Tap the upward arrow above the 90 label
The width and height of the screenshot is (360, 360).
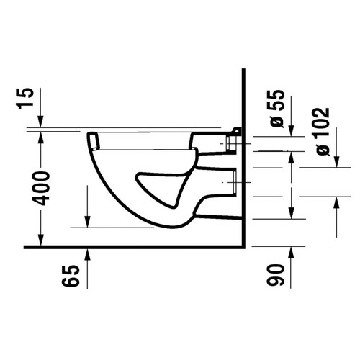291,251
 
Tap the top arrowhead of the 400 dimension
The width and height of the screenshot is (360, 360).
41,136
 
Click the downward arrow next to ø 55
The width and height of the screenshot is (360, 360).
291,130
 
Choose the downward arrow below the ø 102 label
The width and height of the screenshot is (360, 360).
336,161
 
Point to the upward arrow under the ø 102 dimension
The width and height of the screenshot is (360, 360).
336,204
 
